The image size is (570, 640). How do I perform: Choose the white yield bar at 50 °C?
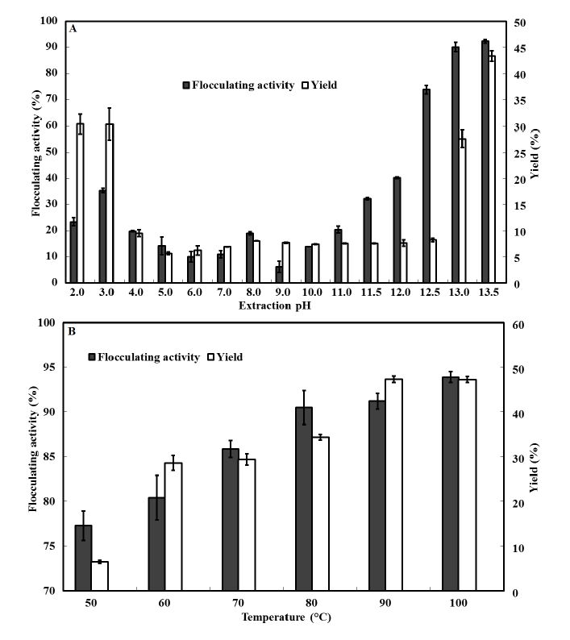[100, 576]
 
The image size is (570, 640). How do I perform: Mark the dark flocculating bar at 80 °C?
[304, 499]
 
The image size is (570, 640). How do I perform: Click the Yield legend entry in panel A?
[317, 85]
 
